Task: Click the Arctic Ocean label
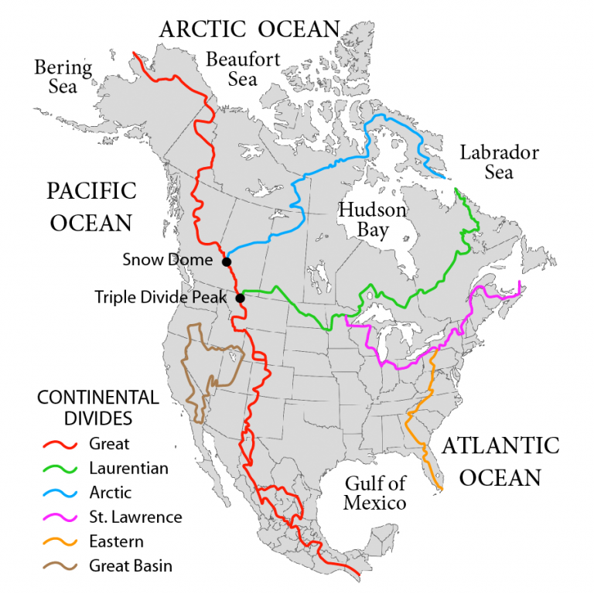(x=249, y=29)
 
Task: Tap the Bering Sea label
(x=63, y=77)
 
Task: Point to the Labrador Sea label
(x=499, y=161)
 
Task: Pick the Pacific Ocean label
(x=91, y=207)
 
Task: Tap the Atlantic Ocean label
(x=500, y=461)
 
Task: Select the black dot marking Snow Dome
(x=227, y=261)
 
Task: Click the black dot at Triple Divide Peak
(x=240, y=298)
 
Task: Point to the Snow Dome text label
(x=167, y=260)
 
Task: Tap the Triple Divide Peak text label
(x=161, y=296)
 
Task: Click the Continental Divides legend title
(x=97, y=408)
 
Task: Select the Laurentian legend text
(x=128, y=468)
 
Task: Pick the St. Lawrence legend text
(x=135, y=517)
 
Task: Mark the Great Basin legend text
(x=131, y=565)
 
